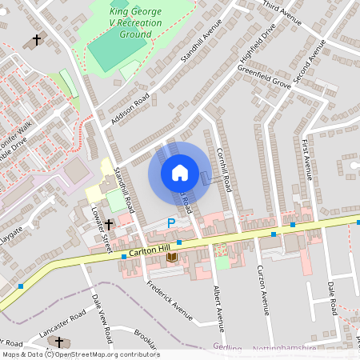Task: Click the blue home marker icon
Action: [180, 173]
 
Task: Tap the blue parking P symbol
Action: [170, 224]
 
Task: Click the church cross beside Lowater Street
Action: [109, 225]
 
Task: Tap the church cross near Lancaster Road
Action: [58, 342]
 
